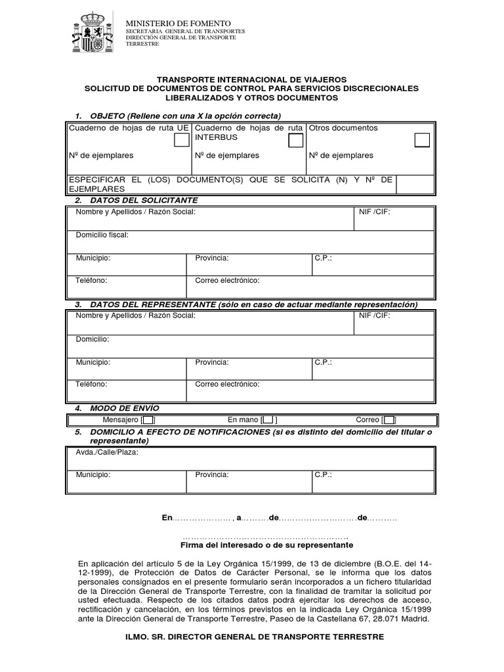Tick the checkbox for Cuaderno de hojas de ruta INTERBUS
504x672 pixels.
[x=295, y=140]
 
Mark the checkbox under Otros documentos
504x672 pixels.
[x=422, y=140]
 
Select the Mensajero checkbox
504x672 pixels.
[x=148, y=420]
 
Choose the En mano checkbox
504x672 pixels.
[x=269, y=420]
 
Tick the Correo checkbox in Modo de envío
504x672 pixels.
[x=389, y=420]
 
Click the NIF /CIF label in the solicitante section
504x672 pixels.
[x=375, y=212]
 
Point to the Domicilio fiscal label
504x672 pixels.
[x=102, y=234]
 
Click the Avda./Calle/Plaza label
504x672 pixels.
[x=108, y=452]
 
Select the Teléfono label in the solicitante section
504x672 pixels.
[x=91, y=280]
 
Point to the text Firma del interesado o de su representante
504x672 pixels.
[x=266, y=545]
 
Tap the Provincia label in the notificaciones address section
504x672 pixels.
[x=212, y=474]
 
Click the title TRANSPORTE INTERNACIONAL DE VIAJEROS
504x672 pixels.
[x=251, y=79]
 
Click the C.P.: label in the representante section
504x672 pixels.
[x=324, y=362]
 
